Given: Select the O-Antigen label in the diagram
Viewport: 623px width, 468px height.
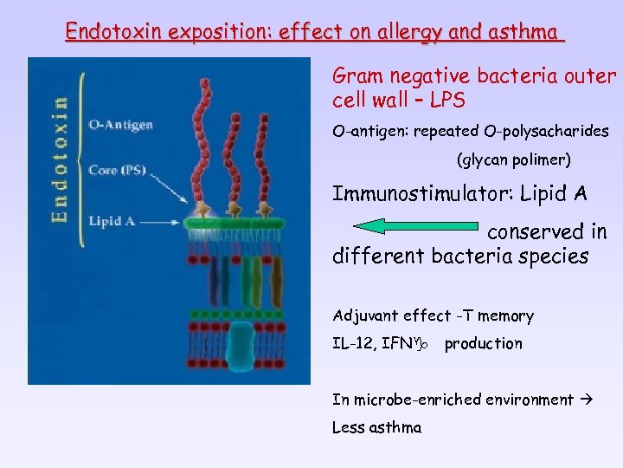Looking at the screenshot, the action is (120, 124).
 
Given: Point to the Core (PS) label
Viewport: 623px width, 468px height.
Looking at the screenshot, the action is (117, 170).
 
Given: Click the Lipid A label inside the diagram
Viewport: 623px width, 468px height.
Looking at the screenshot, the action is (112, 221).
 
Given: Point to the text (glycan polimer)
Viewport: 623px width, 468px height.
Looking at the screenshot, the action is (514, 160).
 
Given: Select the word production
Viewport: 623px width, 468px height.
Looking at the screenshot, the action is (483, 343).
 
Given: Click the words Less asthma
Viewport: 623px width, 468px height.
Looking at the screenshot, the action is (376, 427).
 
